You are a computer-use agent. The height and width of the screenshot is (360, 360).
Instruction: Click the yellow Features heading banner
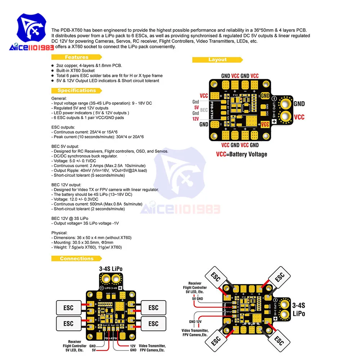click(76, 57)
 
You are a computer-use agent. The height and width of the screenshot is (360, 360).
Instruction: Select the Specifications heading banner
click(76, 90)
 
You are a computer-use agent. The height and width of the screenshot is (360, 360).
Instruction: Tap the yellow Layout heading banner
click(217, 59)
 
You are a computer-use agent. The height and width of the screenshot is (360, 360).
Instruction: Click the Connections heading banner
click(76, 258)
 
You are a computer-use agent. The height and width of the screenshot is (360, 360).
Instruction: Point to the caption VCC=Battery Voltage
click(242, 154)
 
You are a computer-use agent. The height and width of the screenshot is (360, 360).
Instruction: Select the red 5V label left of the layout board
click(196, 107)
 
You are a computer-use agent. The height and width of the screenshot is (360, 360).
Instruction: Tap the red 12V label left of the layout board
click(196, 118)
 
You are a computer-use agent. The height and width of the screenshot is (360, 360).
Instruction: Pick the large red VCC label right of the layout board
click(299, 117)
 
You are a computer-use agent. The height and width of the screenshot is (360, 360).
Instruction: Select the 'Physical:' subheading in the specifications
click(59, 233)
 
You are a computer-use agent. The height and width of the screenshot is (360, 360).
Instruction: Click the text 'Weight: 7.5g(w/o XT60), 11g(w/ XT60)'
click(87, 247)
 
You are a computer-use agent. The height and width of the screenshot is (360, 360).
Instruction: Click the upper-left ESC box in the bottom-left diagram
click(68, 307)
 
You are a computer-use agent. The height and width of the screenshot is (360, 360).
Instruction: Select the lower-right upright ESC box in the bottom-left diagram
click(153, 323)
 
